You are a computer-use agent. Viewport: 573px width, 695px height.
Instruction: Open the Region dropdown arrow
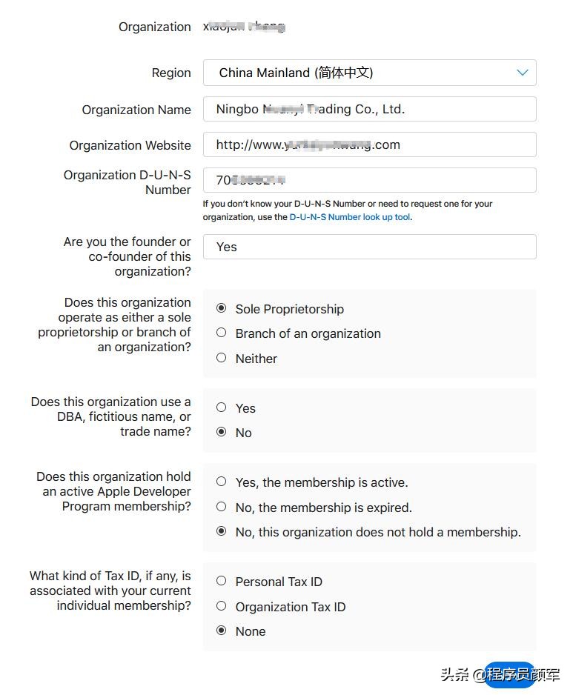coord(522,73)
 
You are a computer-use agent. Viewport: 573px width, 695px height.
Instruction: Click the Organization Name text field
coord(368,109)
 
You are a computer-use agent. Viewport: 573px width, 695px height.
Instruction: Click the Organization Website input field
coord(368,144)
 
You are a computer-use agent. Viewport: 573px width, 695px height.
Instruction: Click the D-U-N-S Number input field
coord(368,180)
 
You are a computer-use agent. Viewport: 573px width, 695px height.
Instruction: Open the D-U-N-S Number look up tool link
coord(349,217)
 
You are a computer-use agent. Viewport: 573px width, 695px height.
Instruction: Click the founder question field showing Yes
coord(368,247)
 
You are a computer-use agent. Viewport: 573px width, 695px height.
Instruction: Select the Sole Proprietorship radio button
coord(221,308)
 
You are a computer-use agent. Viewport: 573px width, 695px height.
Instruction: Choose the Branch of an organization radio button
coord(221,333)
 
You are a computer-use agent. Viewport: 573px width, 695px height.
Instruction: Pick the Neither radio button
coord(221,358)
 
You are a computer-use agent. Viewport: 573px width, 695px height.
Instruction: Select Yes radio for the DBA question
coord(221,408)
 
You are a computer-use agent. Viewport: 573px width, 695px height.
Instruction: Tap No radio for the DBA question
coord(221,432)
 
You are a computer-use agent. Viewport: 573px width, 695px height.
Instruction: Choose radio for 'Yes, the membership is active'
coord(221,482)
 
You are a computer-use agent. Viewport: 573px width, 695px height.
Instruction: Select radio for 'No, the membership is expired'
coord(221,507)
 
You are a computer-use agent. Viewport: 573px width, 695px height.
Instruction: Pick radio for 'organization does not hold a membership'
coord(221,531)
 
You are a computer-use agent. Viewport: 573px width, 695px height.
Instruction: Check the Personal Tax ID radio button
coord(221,581)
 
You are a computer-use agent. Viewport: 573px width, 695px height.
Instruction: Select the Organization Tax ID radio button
coord(221,606)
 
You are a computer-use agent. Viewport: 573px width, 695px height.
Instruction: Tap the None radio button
coord(221,631)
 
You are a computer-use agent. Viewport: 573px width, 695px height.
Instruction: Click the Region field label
coord(170,73)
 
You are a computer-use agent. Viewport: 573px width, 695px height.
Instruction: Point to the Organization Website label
coord(130,145)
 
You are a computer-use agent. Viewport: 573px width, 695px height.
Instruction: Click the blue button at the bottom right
coord(510,674)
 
